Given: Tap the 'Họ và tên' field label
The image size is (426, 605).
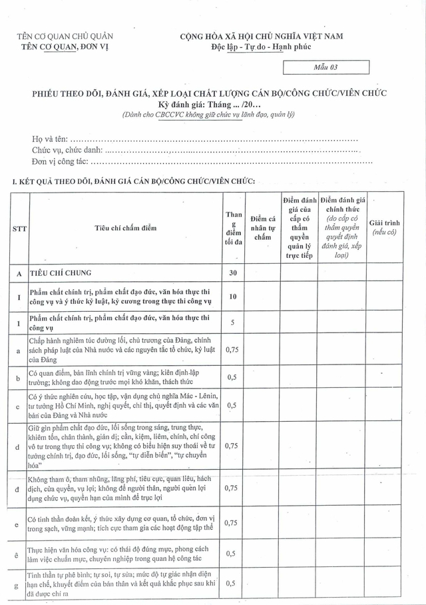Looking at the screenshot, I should pos(49,139).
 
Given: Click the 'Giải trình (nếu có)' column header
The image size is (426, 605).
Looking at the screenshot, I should pos(385,227).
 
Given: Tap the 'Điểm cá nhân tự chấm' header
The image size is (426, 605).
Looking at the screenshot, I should pos(262,228).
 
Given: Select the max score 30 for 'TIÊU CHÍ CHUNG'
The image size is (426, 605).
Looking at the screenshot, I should pos(233,273).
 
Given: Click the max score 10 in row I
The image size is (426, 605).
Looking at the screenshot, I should pos(233,297).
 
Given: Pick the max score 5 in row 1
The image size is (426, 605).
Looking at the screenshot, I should pos(233,323).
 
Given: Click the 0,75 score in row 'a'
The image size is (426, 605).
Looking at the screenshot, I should pos(232,349).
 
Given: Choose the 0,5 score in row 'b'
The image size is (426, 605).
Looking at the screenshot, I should pos(232,377).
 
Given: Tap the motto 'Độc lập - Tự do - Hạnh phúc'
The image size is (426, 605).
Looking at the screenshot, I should pos(261,46).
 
